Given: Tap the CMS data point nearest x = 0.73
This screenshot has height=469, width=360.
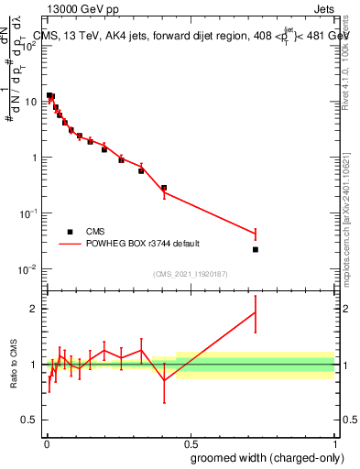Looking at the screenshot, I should [256, 249].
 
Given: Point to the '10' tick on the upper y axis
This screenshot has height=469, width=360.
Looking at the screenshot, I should [30, 101].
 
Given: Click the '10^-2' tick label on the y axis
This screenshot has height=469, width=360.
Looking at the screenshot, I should [27, 269].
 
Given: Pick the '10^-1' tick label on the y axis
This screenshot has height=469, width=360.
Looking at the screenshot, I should [27, 213].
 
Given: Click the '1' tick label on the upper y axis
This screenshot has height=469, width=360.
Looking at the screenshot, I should [34, 158].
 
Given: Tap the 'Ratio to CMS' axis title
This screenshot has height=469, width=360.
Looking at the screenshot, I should [14, 365].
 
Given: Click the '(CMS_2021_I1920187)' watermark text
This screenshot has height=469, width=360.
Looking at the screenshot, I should [191, 274].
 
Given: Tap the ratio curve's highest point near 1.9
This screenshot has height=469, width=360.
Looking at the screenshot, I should [256, 312].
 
